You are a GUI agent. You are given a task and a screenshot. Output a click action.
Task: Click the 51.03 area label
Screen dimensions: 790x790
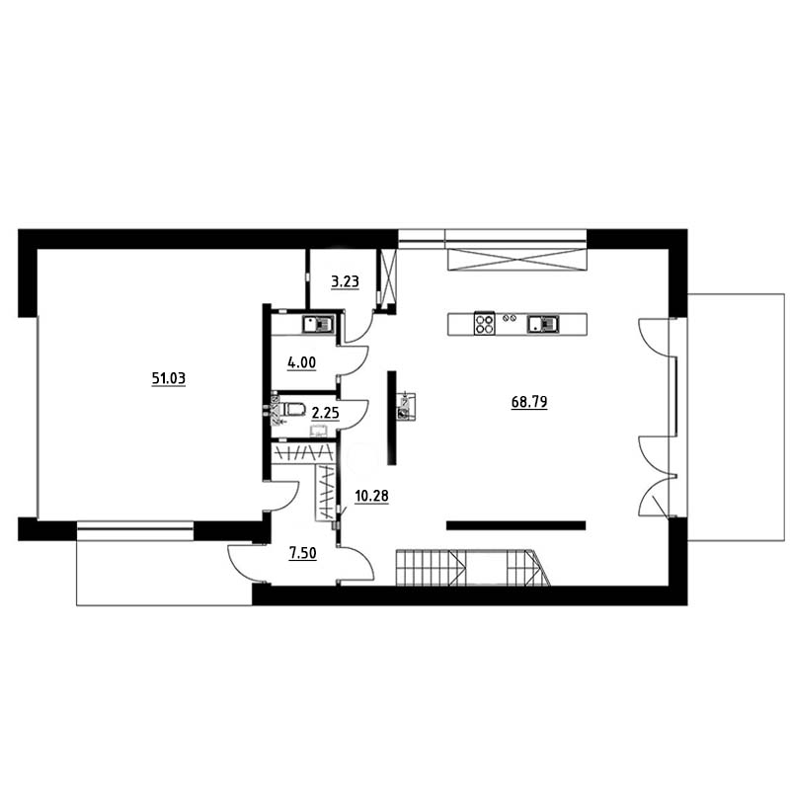pyautogui.click(x=169, y=378)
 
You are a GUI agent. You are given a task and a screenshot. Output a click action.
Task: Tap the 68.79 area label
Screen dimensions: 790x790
pyautogui.click(x=529, y=402)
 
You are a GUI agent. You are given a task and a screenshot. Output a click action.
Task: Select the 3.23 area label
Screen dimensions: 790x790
pyautogui.click(x=345, y=281)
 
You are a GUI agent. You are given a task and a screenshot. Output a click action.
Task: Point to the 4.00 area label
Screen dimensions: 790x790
pyautogui.click(x=301, y=362)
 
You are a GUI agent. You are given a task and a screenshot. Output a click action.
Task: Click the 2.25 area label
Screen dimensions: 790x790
pyautogui.click(x=325, y=413)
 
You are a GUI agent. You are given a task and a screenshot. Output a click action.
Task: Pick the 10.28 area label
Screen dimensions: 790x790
pyautogui.click(x=372, y=497)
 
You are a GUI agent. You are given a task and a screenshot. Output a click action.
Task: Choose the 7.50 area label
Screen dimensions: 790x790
pyautogui.click(x=302, y=553)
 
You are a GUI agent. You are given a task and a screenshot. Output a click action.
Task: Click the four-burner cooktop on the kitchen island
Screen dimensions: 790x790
pyautogui.click(x=484, y=324)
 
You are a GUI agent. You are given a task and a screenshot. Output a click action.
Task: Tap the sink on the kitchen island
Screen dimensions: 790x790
pyautogui.click(x=543, y=324)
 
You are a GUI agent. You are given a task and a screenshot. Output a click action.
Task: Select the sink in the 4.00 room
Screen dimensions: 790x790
pyautogui.click(x=318, y=324)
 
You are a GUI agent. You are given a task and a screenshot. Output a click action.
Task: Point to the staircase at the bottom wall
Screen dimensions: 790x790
pyautogui.click(x=473, y=568)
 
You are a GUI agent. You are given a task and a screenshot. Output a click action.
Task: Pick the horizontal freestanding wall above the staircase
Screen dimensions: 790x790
pyautogui.click(x=515, y=525)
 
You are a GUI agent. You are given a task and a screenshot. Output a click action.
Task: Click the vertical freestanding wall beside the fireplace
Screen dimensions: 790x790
pyautogui.click(x=391, y=418)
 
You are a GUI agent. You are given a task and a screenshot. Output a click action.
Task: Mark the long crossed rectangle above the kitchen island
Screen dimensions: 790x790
pyautogui.click(x=517, y=259)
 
